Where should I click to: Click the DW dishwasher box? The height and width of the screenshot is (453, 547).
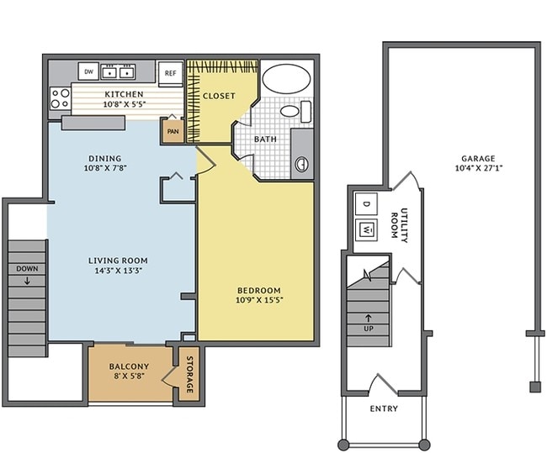pyautogui.click(x=88, y=71)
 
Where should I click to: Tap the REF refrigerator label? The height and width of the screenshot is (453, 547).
pyautogui.click(x=171, y=73)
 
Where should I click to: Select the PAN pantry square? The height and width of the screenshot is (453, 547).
pyautogui.click(x=173, y=130)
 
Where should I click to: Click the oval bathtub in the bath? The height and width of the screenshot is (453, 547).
pyautogui.click(x=286, y=78)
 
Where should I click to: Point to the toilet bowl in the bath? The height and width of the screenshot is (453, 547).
pyautogui.click(x=289, y=112)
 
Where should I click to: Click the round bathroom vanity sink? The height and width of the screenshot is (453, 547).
pyautogui.click(x=302, y=164)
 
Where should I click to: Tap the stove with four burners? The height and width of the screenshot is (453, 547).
pyautogui.click(x=60, y=98)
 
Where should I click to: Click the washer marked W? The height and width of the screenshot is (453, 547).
pyautogui.click(x=366, y=230)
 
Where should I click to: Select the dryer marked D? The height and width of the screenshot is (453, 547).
pyautogui.click(x=366, y=204)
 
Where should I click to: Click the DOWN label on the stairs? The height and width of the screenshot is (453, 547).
pyautogui.click(x=27, y=269)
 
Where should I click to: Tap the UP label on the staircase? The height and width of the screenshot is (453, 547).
pyautogui.click(x=369, y=329)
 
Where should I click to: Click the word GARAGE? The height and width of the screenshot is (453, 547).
pyautogui.click(x=478, y=159)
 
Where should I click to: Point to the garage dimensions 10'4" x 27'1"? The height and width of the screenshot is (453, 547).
pyautogui.click(x=479, y=168)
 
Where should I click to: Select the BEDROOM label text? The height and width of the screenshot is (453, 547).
pyautogui.click(x=259, y=290)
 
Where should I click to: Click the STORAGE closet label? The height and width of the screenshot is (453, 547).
pyautogui.click(x=190, y=374)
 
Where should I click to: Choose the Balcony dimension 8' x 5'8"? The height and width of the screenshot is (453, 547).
pyautogui.click(x=129, y=376)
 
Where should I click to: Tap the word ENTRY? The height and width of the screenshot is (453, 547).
pyautogui.click(x=384, y=408)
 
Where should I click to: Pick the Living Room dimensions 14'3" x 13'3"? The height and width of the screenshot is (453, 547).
pyautogui.click(x=119, y=271)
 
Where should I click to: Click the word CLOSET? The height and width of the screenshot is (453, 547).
pyautogui.click(x=219, y=96)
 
